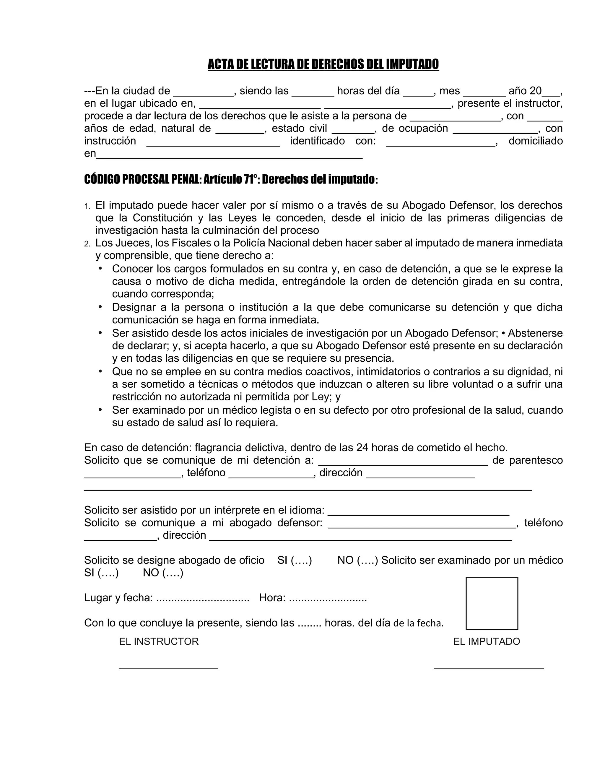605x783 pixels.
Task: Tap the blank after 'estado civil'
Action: [x=353, y=132]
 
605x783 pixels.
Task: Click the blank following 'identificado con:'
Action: [x=440, y=144]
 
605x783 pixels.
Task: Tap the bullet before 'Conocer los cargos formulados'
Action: [x=100, y=268]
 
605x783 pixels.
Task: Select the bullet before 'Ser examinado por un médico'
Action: [x=100, y=410]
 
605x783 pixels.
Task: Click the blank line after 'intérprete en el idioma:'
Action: [x=418, y=514]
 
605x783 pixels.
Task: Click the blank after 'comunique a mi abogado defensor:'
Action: [x=422, y=526]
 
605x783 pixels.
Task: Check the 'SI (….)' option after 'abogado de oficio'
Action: [x=294, y=560]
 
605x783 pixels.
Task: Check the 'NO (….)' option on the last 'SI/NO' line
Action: [x=163, y=573]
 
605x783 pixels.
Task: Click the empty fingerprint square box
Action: [x=492, y=603]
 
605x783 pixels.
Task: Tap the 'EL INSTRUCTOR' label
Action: [x=159, y=641]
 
